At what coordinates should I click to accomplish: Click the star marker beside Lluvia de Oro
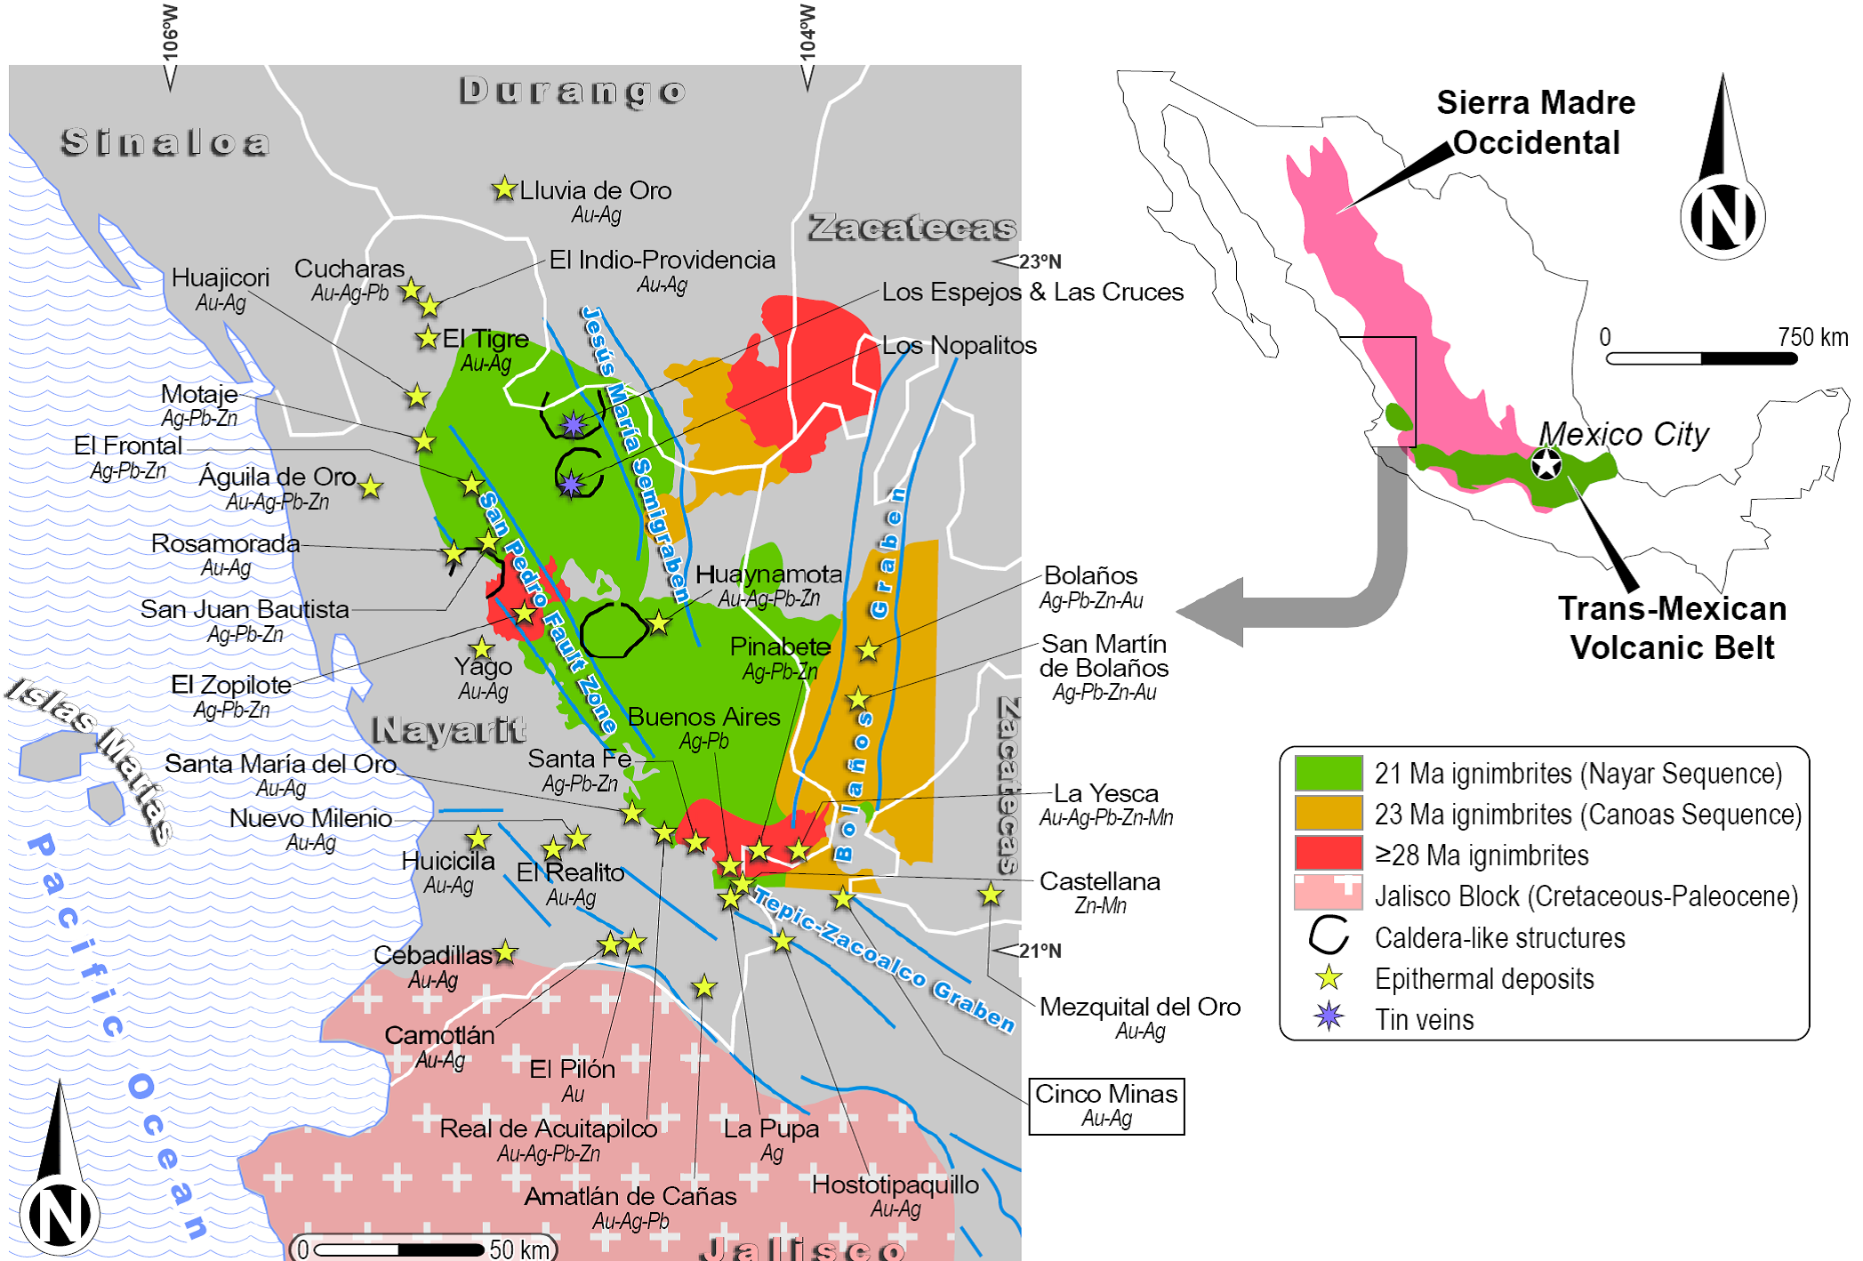pyautogui.click(x=504, y=189)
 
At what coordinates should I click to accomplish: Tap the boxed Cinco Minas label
pyautogui.click(x=1105, y=1105)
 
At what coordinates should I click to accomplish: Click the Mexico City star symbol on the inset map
pyautogui.click(x=1546, y=464)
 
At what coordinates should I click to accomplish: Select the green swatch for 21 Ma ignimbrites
pyautogui.click(x=1328, y=773)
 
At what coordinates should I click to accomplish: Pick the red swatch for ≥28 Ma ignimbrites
pyautogui.click(x=1328, y=854)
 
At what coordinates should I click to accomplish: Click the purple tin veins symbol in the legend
pyautogui.click(x=1329, y=1016)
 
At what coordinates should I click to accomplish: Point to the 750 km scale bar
pyautogui.click(x=1701, y=358)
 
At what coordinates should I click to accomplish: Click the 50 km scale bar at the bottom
pyautogui.click(x=398, y=1249)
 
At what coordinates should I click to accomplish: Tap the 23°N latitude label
pyautogui.click(x=1040, y=261)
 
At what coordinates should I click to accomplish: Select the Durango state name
pyautogui.click(x=573, y=92)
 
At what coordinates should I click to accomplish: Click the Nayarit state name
pyautogui.click(x=449, y=730)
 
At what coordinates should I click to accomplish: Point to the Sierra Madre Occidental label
pyautogui.click(x=1536, y=123)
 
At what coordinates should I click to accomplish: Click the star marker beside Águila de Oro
pyautogui.click(x=371, y=486)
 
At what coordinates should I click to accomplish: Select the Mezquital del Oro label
pyautogui.click(x=1139, y=1007)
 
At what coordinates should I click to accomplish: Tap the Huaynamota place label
pyautogui.click(x=768, y=574)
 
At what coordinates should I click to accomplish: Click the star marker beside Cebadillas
pyautogui.click(x=505, y=952)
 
